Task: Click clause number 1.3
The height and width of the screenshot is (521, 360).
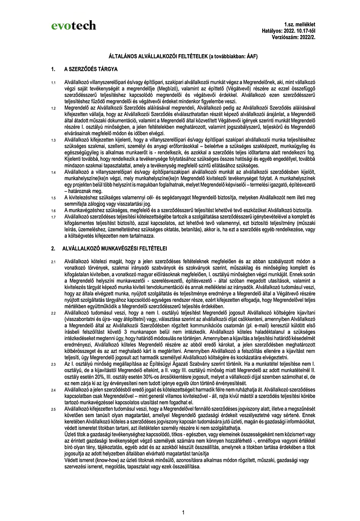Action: pos(54,140)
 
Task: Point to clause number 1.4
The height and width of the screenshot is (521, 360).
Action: pos(54,174)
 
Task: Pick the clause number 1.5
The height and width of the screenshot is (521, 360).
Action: pos(54,197)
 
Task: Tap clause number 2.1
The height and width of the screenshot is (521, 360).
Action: pos(54,261)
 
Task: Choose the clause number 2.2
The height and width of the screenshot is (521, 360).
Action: pos(54,312)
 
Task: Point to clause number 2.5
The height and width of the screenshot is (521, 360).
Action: pos(54,408)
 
